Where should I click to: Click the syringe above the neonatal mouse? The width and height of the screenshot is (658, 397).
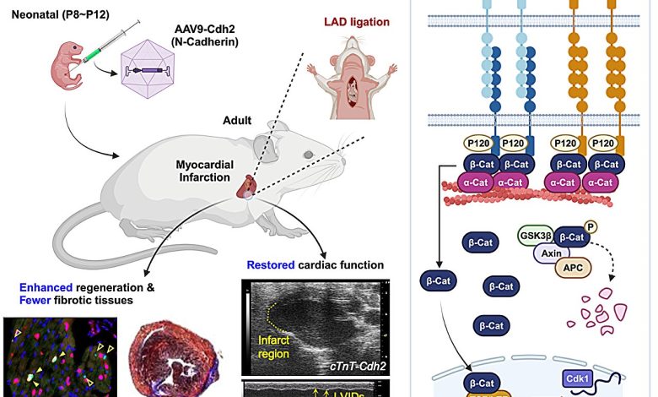[113, 44]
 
